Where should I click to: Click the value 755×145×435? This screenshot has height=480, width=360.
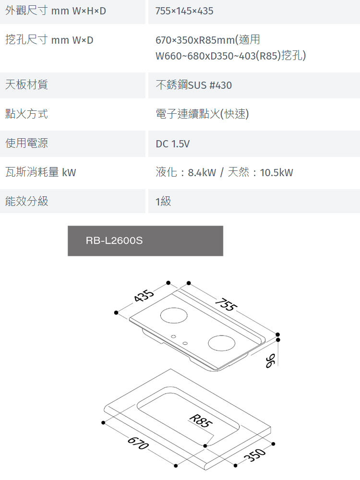(x=184, y=11)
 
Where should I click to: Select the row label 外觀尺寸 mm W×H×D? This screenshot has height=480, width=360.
(x=56, y=11)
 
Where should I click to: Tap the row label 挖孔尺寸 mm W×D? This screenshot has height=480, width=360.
(x=49, y=40)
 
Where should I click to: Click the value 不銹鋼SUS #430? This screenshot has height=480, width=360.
(x=193, y=85)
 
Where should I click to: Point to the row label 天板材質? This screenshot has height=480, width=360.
(x=26, y=85)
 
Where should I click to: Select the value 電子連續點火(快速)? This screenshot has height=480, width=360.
(x=202, y=114)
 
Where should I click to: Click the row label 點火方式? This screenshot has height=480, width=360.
(x=26, y=114)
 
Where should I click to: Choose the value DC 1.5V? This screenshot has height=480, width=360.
(x=172, y=144)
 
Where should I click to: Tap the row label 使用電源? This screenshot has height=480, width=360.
(x=26, y=143)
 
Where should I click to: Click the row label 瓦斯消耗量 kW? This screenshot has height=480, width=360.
(x=40, y=172)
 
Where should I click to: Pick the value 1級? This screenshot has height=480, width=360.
(x=163, y=202)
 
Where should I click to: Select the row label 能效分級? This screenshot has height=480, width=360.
(x=26, y=201)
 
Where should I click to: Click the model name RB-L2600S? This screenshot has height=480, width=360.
(x=114, y=240)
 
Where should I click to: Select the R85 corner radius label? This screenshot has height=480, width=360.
(x=199, y=421)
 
